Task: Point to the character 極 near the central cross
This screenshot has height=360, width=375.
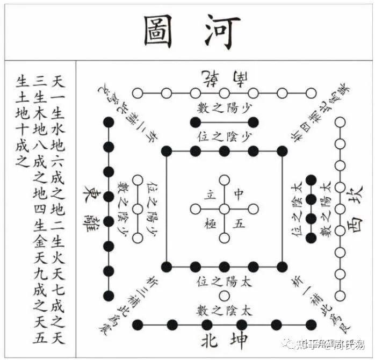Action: (207, 222)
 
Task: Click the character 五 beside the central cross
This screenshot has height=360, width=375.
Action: (240, 222)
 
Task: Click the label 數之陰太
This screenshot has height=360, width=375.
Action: (223, 311)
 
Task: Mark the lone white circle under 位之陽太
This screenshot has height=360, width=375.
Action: (223, 295)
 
